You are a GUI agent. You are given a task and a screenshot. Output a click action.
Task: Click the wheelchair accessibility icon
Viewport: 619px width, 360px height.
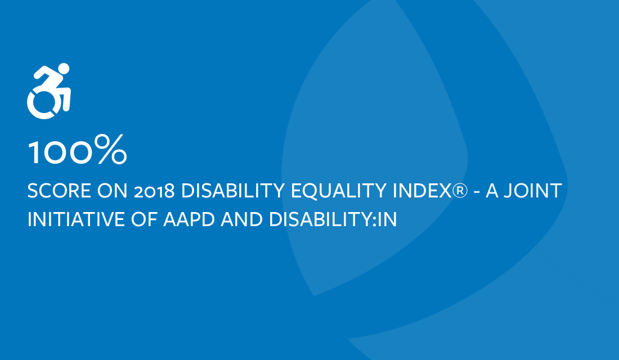pos(48,91)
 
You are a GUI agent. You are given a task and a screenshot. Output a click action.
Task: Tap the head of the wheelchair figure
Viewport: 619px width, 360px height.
pos(63,69)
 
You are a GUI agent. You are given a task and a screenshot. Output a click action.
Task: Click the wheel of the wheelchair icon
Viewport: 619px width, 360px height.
pos(42,103)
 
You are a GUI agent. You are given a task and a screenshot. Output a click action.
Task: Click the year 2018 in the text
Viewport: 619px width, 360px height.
pos(154,191)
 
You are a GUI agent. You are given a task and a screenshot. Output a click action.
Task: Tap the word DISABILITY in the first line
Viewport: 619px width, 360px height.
pos(232,191)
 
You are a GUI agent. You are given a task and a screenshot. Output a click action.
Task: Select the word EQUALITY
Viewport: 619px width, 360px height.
pos(338,191)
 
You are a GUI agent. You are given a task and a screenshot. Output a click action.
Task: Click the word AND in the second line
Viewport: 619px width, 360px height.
pos(241,219)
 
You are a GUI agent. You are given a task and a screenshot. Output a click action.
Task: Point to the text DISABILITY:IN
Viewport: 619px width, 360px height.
pos(333,219)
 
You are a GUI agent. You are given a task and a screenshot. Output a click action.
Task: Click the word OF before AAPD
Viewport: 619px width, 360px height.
pos(143,219)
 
